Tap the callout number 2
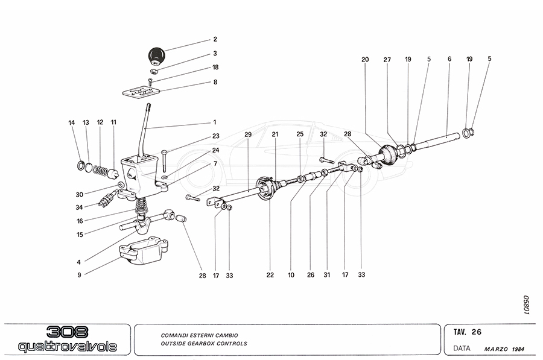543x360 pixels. [x=215, y=39]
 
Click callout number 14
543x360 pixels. [x=72, y=122]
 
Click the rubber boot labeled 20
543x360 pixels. [x=387, y=155]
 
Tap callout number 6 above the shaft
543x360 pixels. [x=449, y=60]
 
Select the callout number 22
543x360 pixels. [x=270, y=275]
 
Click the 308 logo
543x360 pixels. [x=67, y=332]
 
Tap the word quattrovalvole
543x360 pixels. [x=67, y=347]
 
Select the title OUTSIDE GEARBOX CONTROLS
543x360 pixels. [x=204, y=344]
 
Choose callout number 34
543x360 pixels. [x=79, y=207]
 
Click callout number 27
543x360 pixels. [x=387, y=60]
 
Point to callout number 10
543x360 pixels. [x=291, y=275]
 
